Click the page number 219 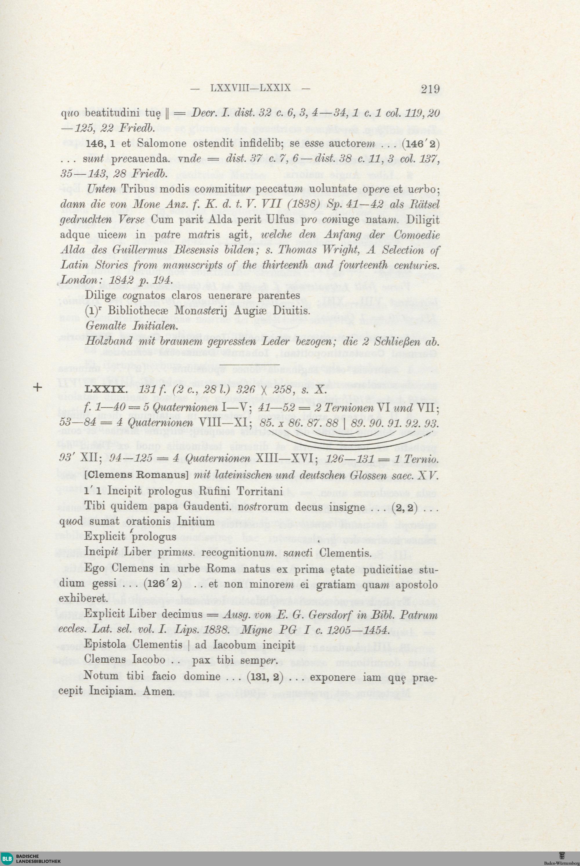(429, 89)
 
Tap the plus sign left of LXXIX (38, 388)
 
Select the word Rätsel (422, 204)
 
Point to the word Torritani (259, 491)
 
